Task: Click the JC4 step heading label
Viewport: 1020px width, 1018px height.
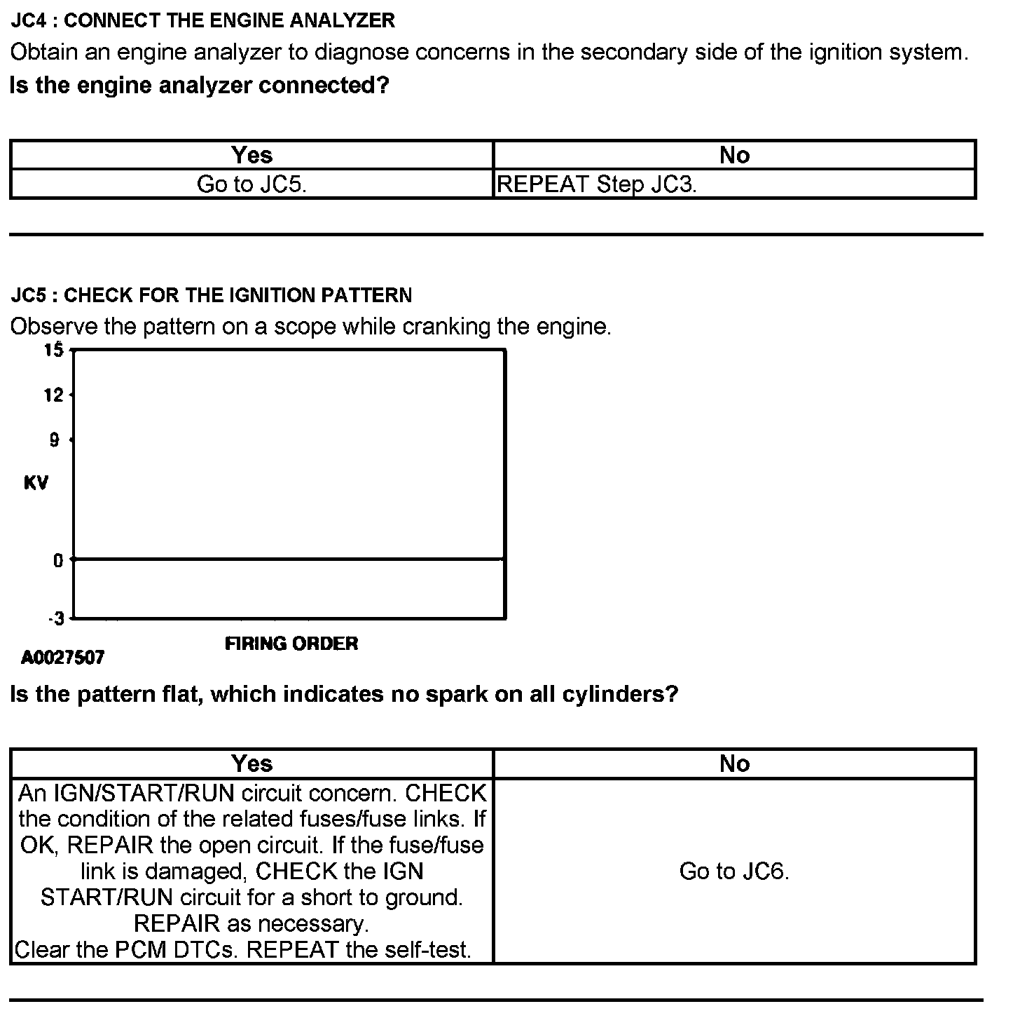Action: [202, 20]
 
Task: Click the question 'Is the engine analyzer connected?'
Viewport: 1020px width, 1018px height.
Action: [199, 86]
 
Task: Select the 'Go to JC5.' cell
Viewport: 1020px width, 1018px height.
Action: [251, 184]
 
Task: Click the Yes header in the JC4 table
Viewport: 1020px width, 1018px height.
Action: [251, 155]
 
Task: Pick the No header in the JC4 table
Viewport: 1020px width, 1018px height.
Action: [734, 155]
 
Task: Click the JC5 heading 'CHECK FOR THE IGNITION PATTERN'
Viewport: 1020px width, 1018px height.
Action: [211, 295]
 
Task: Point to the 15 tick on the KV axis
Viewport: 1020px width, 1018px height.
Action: [55, 349]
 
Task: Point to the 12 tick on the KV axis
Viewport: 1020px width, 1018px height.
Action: [54, 395]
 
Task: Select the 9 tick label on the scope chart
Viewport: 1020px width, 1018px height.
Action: [55, 440]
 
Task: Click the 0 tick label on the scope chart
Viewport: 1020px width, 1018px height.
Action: [58, 559]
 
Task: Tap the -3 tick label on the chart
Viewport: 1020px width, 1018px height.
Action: [56, 618]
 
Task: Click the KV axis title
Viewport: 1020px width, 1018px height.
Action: [36, 483]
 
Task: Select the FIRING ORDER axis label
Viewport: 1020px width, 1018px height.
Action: [291, 644]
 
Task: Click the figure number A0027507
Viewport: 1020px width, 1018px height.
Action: [63, 658]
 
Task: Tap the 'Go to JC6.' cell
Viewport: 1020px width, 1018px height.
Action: [734, 871]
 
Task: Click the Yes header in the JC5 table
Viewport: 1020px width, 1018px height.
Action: [251, 763]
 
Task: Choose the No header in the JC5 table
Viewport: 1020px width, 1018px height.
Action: [734, 763]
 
